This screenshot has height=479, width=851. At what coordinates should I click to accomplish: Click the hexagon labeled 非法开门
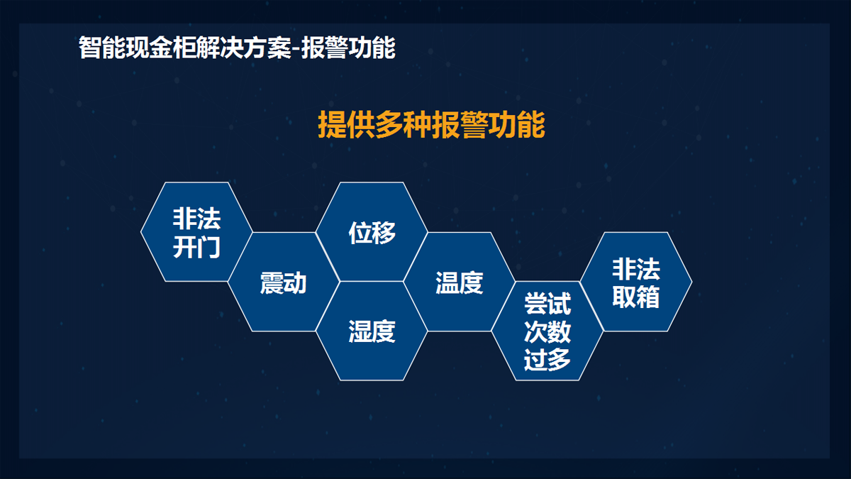[196, 232]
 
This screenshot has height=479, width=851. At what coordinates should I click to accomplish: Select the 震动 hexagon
[284, 282]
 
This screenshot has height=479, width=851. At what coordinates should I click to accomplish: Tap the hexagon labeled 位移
[372, 232]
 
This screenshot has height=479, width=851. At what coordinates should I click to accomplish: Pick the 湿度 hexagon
[372, 331]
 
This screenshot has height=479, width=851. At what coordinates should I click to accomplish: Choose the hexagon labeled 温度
[460, 282]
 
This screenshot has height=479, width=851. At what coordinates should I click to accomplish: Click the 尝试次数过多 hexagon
[547, 331]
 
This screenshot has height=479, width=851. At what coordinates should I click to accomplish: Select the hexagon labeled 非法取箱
[636, 282]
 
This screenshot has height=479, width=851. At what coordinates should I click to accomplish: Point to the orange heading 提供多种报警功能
[431, 124]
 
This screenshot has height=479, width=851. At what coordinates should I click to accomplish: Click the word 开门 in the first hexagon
[197, 247]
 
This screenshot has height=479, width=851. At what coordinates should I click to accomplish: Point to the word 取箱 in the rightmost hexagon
[636, 297]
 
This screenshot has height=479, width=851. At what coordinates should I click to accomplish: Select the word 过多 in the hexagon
[547, 359]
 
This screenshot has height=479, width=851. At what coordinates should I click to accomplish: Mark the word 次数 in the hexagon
[547, 331]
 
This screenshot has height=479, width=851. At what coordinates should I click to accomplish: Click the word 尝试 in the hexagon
[547, 304]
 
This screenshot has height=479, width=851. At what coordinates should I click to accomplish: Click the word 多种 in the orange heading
[403, 124]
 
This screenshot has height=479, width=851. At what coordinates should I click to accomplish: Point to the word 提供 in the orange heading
[346, 124]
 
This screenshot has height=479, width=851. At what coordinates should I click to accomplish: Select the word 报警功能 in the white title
[348, 48]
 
